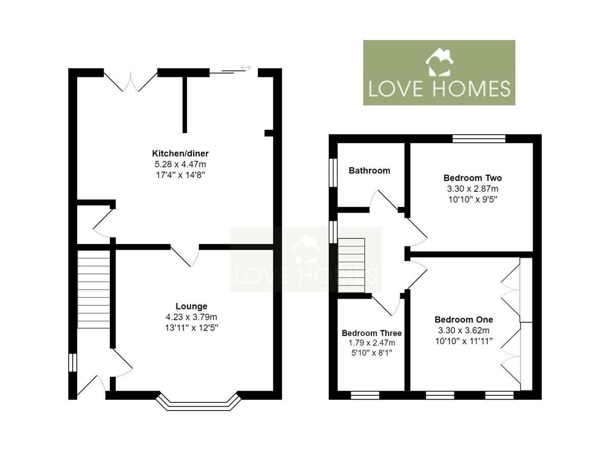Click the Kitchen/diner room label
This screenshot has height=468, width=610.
180,153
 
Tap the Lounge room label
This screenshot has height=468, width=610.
191,306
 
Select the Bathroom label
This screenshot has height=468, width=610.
370,171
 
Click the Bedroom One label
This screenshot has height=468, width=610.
464,320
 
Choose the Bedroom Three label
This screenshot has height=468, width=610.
372,333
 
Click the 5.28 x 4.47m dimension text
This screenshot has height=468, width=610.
180,164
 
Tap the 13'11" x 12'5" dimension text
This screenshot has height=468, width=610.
191,327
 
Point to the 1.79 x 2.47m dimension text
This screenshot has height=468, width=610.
372,343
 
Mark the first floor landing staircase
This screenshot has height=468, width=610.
352,265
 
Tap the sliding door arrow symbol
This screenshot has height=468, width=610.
246,67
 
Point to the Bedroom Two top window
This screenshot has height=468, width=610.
479,138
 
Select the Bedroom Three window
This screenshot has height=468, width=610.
365,395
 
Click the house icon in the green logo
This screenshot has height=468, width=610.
439,62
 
